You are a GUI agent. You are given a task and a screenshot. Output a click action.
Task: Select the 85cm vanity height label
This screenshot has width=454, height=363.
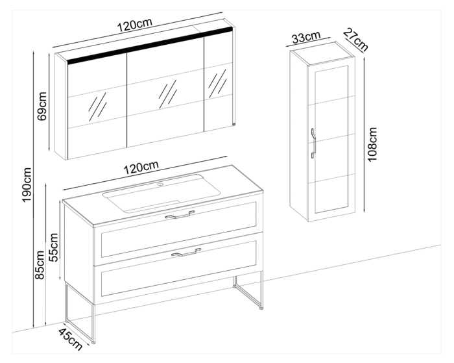41,265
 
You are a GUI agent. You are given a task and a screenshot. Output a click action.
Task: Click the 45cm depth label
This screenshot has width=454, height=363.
71,339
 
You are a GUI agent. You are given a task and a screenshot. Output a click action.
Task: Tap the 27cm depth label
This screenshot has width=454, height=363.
355,40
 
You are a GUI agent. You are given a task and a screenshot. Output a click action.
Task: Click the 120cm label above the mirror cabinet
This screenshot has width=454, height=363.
134,26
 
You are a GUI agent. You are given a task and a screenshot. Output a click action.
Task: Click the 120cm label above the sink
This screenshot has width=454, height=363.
141,168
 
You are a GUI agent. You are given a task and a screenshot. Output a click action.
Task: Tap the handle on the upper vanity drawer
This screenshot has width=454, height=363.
180,215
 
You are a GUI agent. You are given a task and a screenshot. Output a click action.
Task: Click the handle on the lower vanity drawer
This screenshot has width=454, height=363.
185,253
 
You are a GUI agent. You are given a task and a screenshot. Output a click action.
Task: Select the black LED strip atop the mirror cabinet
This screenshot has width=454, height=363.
149,45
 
